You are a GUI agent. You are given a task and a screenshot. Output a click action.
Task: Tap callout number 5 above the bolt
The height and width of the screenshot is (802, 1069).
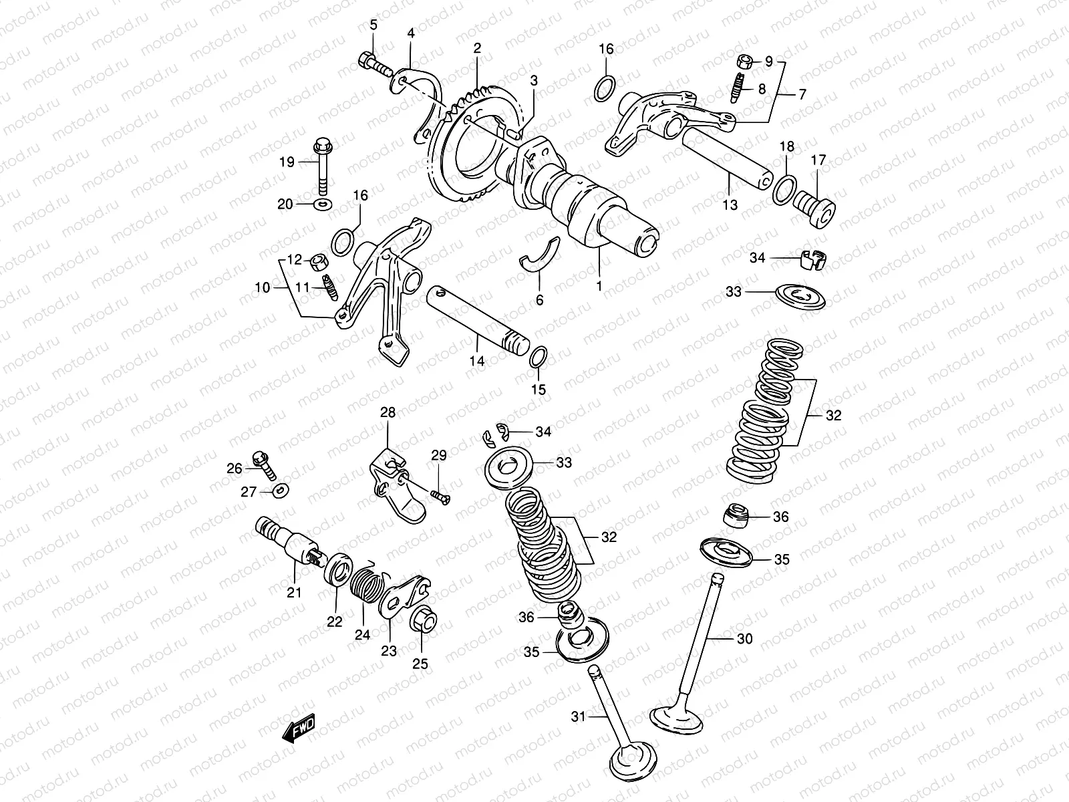tap(373, 25)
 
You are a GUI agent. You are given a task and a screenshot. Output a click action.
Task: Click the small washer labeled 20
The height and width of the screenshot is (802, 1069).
tap(323, 203)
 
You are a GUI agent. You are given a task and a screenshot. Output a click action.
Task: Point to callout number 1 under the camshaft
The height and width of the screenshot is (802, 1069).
tap(599, 285)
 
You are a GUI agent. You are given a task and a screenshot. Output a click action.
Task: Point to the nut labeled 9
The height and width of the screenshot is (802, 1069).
tap(746, 62)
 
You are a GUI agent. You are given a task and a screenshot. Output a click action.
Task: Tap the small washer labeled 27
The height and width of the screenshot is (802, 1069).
tap(281, 491)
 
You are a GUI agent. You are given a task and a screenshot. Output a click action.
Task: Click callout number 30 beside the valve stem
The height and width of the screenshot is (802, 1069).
tap(744, 639)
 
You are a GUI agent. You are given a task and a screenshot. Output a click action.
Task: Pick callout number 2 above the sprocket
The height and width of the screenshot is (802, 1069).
tap(477, 48)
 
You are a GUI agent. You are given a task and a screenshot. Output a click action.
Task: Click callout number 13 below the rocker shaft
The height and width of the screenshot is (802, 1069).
tap(730, 205)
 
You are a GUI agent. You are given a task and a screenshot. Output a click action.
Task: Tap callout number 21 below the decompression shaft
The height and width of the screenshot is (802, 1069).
tap(294, 592)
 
